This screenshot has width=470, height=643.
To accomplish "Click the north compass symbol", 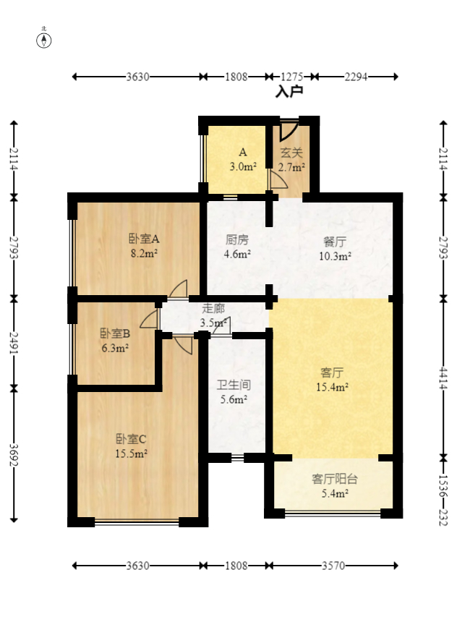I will pyautogui.click(x=45, y=40).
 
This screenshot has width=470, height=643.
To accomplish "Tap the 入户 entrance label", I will pyautogui.click(x=289, y=92).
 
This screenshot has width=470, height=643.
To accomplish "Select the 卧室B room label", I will pyautogui.click(x=114, y=333).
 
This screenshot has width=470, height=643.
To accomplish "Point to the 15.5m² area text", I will pyautogui.click(x=131, y=453).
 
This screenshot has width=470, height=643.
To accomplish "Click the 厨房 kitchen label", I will pyautogui.click(x=237, y=239).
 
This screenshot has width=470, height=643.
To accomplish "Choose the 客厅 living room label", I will pyautogui.click(x=332, y=372).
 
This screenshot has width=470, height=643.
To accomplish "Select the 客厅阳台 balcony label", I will pyautogui.click(x=334, y=479).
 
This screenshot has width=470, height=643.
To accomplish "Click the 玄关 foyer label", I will pyautogui.click(x=291, y=153).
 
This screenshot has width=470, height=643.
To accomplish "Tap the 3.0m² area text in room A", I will pyautogui.click(x=244, y=167).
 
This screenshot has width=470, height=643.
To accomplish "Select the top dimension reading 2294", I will pyautogui.click(x=355, y=76).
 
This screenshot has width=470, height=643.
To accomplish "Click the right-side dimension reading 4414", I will pyautogui.click(x=443, y=378).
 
